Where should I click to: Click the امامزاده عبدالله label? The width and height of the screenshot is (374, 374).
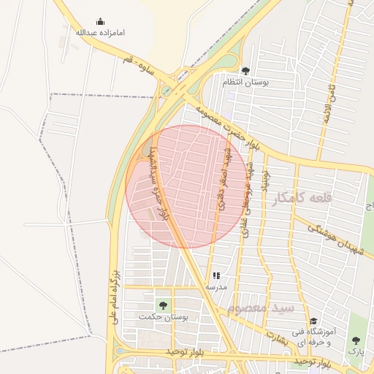[x=100, y=33]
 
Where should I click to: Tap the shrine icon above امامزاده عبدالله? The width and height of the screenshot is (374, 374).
[x=100, y=22]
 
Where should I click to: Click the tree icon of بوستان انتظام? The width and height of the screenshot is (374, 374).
[x=245, y=71]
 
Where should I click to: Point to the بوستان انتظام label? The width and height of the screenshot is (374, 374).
[x=246, y=83]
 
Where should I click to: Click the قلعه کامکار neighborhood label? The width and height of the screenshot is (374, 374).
[x=300, y=198]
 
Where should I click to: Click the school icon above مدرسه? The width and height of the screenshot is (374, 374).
[x=215, y=276]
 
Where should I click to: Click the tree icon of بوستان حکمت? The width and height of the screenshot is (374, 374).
[x=162, y=305]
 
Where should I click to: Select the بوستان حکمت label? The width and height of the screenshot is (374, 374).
[x=164, y=318]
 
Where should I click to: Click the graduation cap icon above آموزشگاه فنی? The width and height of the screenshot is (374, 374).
[x=313, y=321]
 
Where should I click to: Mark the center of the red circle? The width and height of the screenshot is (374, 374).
[x=186, y=186]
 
